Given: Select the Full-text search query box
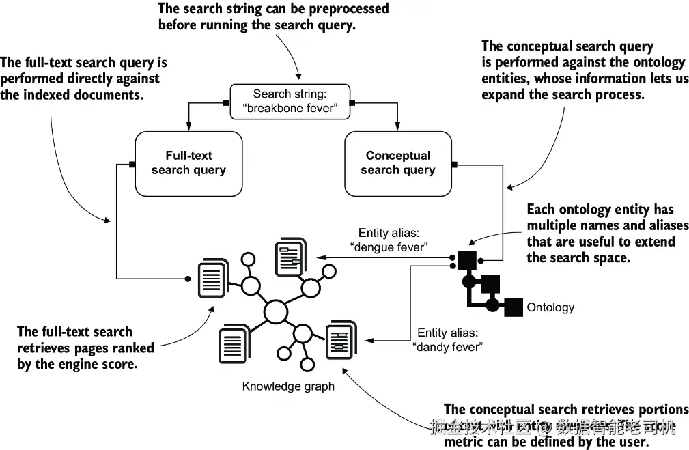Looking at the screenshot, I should click(x=188, y=163).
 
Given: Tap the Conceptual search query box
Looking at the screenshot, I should click(x=397, y=163).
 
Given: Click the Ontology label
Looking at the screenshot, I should click(x=550, y=307).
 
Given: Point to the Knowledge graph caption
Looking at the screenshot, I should click(x=288, y=386).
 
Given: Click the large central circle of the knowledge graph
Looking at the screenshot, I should click(x=275, y=311).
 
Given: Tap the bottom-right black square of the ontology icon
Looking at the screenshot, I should click(x=514, y=307).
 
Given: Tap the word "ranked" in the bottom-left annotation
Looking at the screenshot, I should click(x=134, y=348).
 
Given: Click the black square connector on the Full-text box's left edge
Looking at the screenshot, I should click(x=132, y=164).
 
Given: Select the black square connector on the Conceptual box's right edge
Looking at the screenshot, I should click(x=454, y=164).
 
